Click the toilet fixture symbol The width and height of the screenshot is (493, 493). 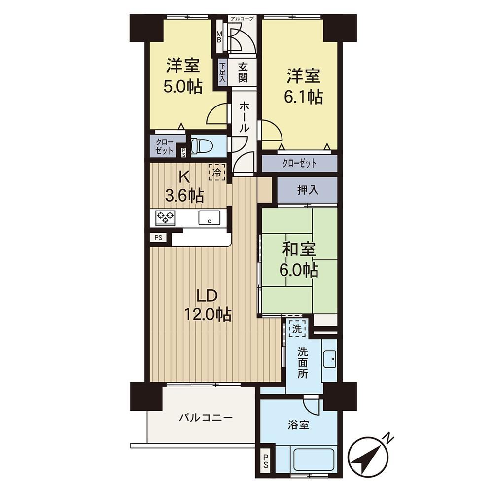202,145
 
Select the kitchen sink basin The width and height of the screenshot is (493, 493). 209,217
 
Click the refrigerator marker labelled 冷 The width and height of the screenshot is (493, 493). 217,172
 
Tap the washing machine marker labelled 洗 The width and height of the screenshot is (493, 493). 297,328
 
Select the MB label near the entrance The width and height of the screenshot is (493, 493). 219,37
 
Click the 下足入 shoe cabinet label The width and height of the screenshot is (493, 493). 222,72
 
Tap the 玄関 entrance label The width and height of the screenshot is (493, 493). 243,72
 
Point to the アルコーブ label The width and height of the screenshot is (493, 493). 242,19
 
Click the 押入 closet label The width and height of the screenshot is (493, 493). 308,190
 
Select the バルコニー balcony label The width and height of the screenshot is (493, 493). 206,418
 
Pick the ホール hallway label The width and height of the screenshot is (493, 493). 244,117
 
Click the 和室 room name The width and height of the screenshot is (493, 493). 299,249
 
